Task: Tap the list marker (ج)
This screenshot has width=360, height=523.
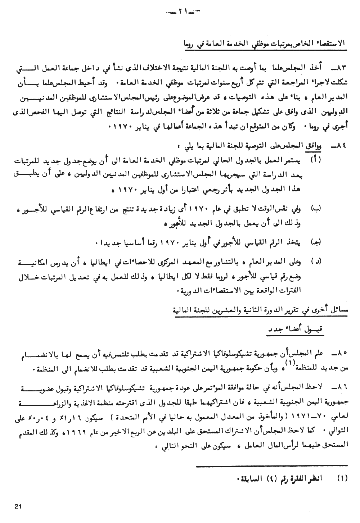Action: coord(316,243)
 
